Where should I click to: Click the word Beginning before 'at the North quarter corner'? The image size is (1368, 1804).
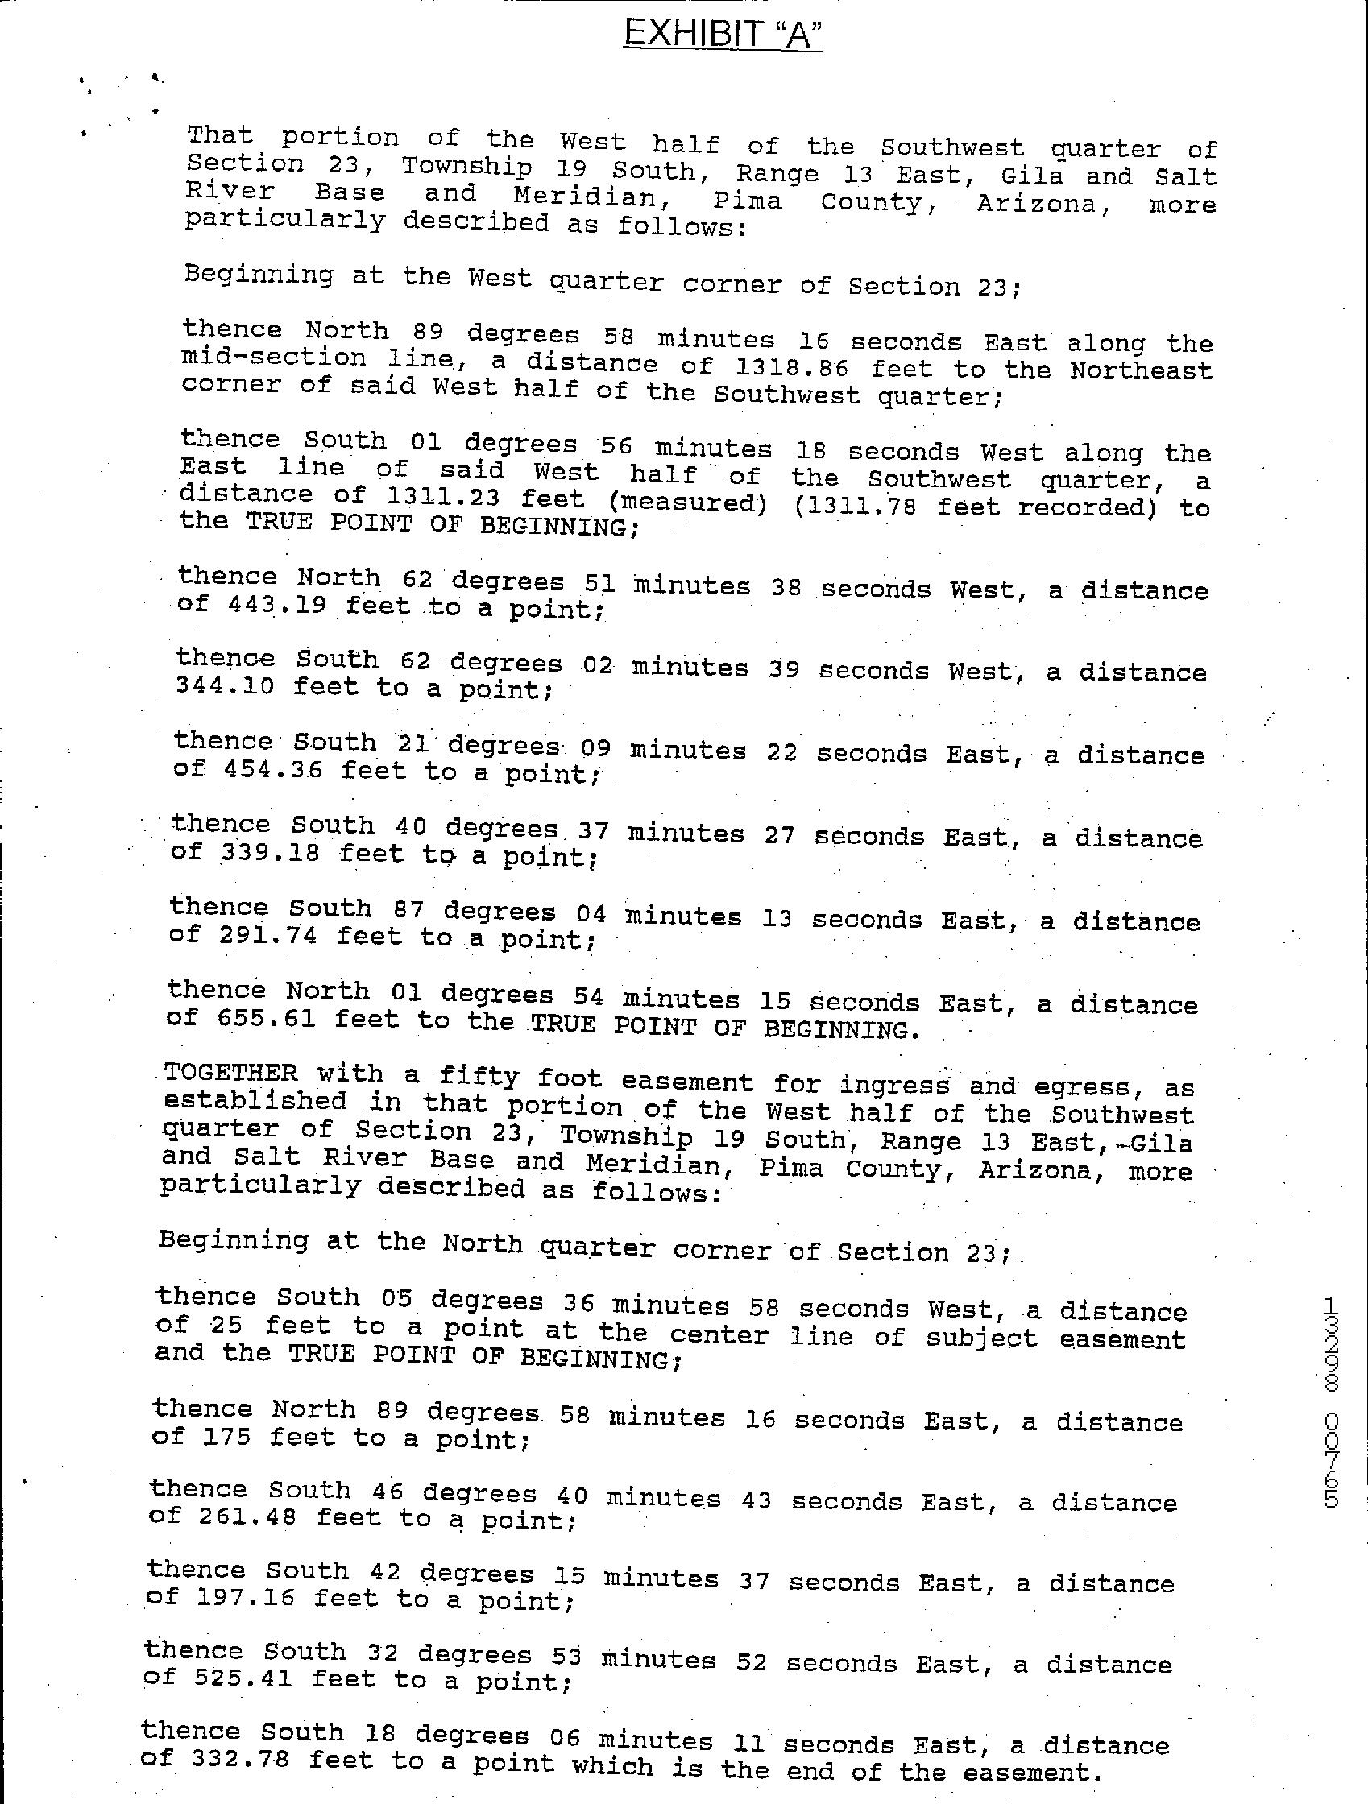tap(234, 1239)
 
